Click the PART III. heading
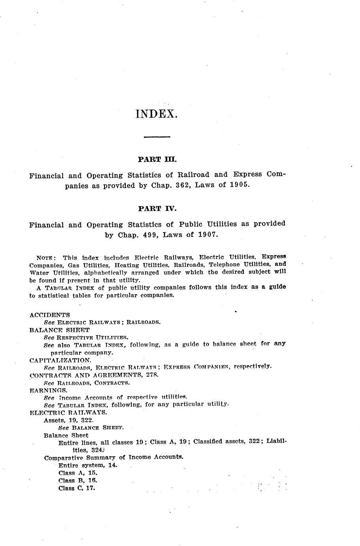tap(157, 160)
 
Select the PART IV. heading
tap(157, 209)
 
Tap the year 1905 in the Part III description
tap(239, 185)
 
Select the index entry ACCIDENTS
tap(49, 315)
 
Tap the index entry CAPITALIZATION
tap(61, 360)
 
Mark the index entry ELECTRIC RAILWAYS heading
tap(68, 412)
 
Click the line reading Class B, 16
tap(78, 480)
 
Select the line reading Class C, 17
tap(78, 488)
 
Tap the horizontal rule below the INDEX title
tap(157, 137)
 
